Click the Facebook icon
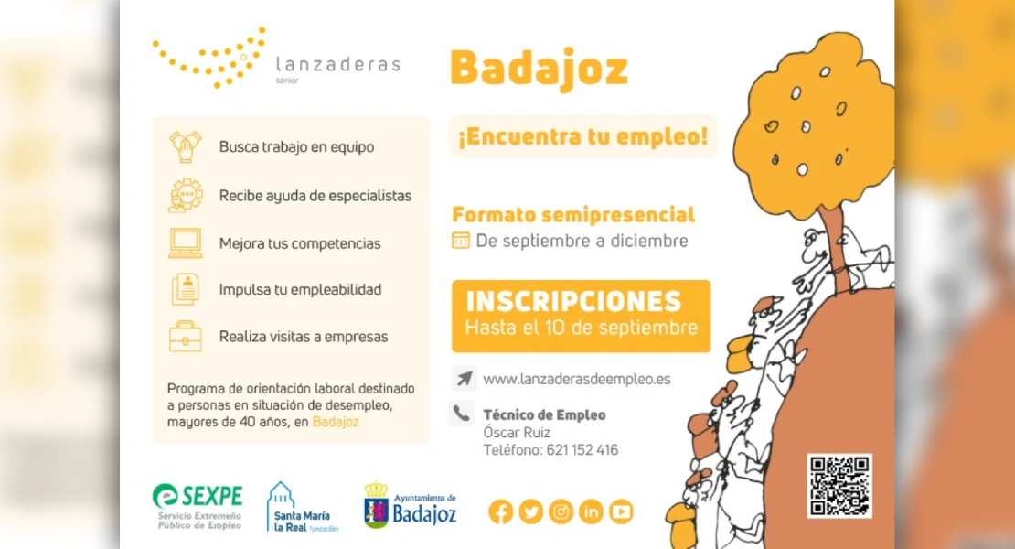pos(500,512)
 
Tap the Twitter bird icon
pos(530,512)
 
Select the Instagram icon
pos(561,512)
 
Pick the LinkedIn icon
pos(591,512)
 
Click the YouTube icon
pos(621,512)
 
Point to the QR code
pos(839,486)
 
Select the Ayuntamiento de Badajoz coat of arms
pos(376,506)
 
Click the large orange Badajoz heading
pos(540,69)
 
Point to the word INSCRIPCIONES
pos(573,301)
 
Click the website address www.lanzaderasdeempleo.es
pos(577,379)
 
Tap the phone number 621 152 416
pos(582,450)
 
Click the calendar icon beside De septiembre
pos(460,240)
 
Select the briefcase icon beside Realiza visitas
pos(185,336)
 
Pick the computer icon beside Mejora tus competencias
pos(185,243)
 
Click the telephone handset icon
pos(461,413)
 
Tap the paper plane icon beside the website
pos(465,378)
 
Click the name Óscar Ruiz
pos(517,432)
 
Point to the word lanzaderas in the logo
pos(338,64)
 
